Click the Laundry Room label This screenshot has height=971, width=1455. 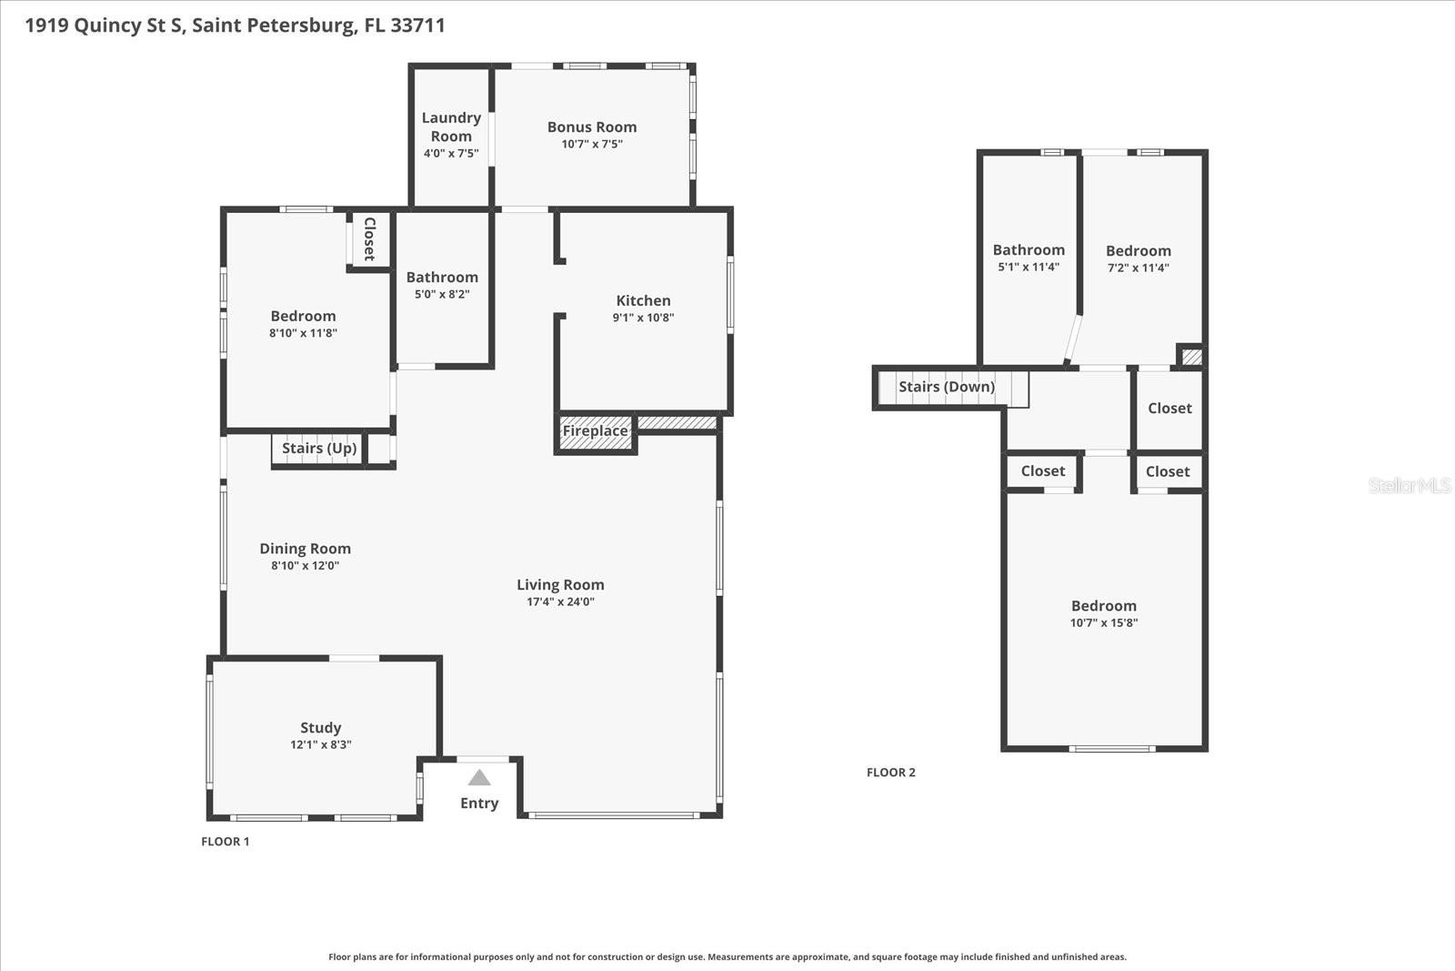coord(451,126)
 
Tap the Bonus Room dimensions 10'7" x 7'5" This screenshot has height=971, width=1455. coord(592,144)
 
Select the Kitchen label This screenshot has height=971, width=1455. coord(643,300)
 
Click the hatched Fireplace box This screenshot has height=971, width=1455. coord(595,431)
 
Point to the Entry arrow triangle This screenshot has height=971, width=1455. coord(479,778)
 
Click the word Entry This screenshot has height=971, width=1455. coord(479,803)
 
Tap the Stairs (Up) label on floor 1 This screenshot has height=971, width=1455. coord(319,448)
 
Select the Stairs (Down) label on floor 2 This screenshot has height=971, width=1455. coord(947,387)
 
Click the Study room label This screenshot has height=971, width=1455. coord(321,727)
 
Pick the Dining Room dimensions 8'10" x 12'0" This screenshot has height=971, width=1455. coord(306,565)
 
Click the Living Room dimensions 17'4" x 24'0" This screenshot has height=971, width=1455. coord(560,602)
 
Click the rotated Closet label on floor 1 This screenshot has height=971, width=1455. coord(369,238)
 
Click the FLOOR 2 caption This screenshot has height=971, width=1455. coord(891,773)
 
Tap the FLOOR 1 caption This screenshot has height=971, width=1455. coord(226,842)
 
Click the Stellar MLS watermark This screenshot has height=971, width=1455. coord(1409,485)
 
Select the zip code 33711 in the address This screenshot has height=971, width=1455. coord(417,25)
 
